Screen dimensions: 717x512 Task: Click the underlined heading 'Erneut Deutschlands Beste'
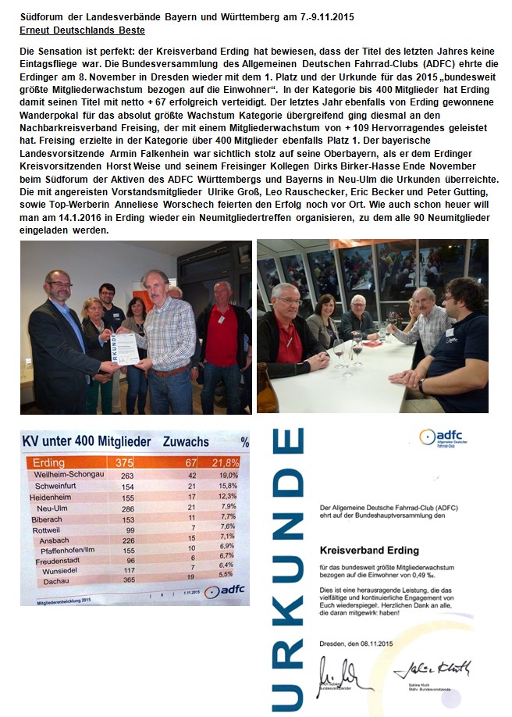click(x=81, y=30)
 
